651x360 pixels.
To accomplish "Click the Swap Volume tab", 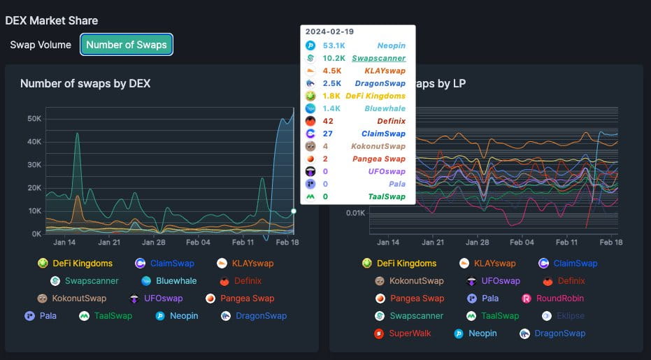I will tap(41, 45).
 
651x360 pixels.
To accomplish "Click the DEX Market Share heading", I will tap(52, 20).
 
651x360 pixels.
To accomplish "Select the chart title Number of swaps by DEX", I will tap(85, 84).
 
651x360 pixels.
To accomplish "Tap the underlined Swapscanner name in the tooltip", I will tap(378, 58).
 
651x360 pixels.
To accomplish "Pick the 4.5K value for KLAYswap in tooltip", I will tap(332, 71).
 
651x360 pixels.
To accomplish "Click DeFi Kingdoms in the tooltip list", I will tap(375, 96).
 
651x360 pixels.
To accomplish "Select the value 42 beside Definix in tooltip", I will tap(328, 121).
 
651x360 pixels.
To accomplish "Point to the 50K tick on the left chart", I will tap(34, 119).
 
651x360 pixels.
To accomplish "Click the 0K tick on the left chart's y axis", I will tap(36, 234).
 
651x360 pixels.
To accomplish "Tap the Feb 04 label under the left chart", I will tap(198, 243).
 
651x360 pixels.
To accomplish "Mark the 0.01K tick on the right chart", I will tap(355, 213).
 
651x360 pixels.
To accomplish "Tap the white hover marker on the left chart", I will tap(294, 210).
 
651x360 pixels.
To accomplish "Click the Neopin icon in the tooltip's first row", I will tap(310, 45).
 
